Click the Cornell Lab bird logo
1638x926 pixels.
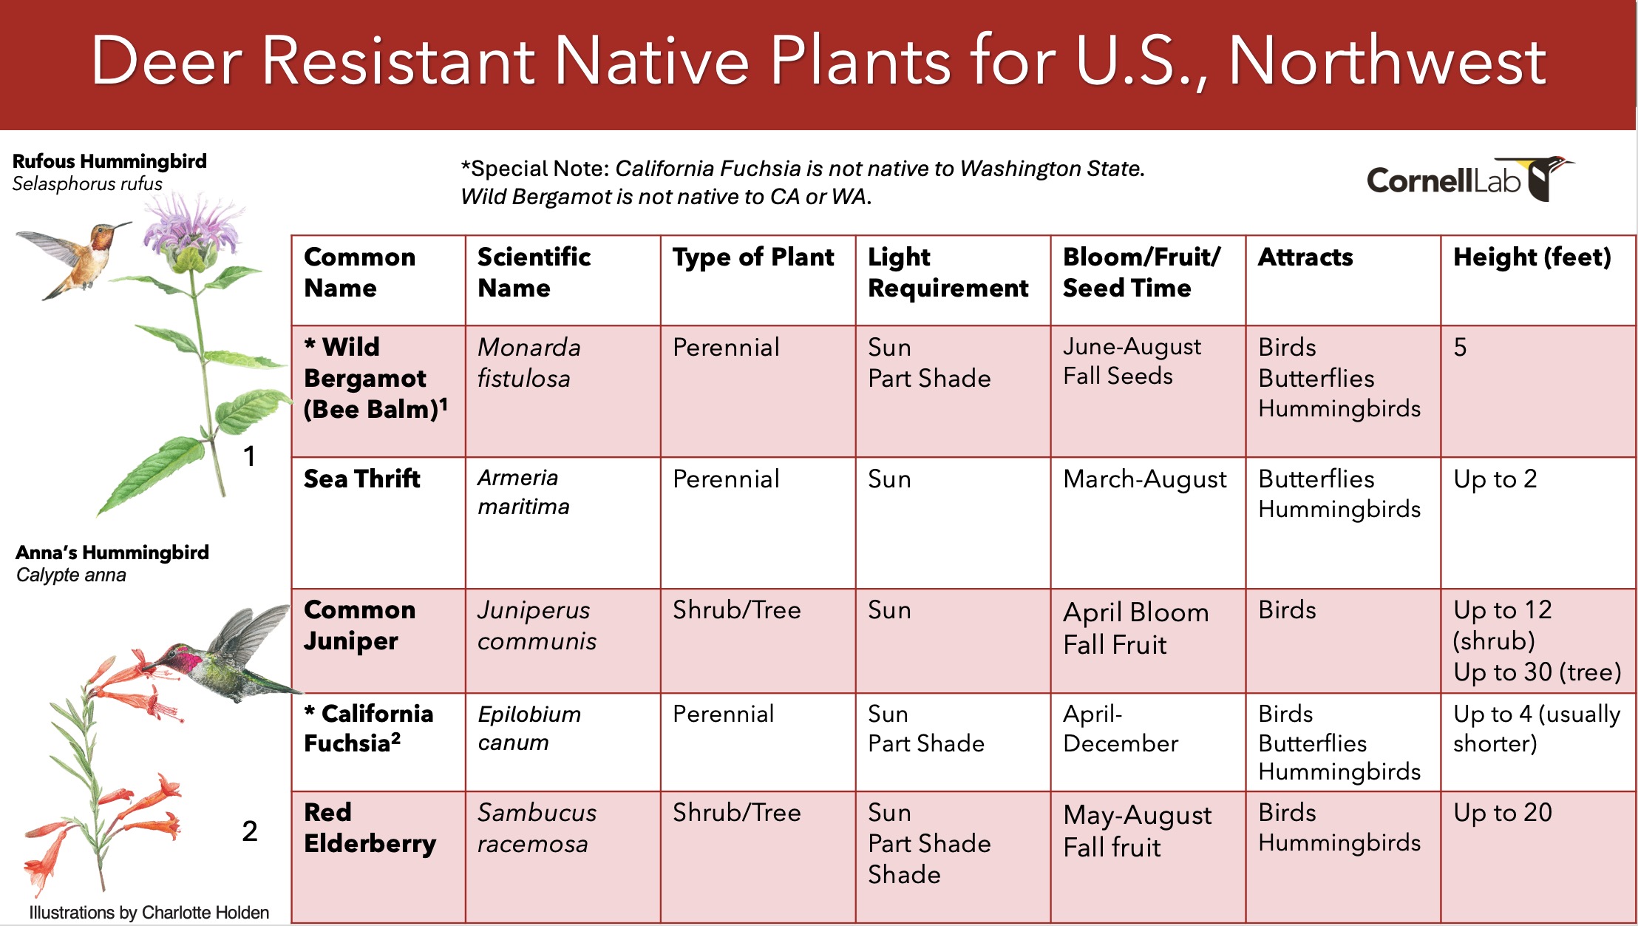tap(1470, 179)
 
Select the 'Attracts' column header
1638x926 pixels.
tap(1305, 257)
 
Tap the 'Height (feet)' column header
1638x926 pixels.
tap(1532, 257)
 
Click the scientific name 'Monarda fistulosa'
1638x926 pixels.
tap(529, 362)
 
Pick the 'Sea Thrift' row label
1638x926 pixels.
tap(361, 479)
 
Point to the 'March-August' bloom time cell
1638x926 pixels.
tap(1145, 479)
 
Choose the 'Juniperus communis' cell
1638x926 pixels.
tap(537, 626)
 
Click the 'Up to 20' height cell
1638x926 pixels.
tap(1502, 813)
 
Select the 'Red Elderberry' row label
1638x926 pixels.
tap(370, 828)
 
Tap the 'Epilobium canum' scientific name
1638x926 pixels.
tap(529, 728)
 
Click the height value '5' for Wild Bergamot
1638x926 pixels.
tap(1460, 348)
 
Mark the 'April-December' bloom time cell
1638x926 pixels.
tap(1121, 729)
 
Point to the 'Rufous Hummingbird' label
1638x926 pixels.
tap(109, 161)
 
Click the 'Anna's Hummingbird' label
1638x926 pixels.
tap(112, 552)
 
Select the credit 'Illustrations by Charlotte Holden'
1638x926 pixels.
tap(149, 913)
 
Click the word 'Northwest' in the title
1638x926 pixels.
tap(1387, 61)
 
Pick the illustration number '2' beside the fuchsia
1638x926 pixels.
tap(250, 831)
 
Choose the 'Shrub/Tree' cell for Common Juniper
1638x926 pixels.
tap(736, 610)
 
